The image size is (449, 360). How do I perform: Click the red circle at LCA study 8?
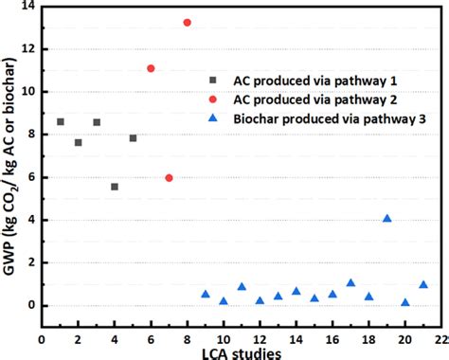(x=188, y=22)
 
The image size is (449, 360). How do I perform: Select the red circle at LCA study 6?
(x=151, y=68)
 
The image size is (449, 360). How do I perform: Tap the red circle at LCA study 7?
(x=169, y=177)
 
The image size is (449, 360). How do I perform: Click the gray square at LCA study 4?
(x=115, y=187)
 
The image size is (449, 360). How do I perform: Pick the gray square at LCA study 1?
(x=61, y=121)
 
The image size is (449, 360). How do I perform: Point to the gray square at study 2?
(x=79, y=142)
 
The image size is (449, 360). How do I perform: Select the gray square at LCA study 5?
(x=133, y=137)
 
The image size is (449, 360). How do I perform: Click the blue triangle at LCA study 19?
(x=386, y=218)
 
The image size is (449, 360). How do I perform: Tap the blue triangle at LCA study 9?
(x=206, y=294)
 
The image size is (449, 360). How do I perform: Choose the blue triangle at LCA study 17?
(x=350, y=282)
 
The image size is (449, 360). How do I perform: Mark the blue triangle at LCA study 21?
(x=423, y=284)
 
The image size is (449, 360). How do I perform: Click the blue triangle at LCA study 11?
(x=242, y=286)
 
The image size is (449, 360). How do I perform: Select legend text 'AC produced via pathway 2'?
(x=310, y=99)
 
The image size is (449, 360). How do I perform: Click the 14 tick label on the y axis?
(x=27, y=7)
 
